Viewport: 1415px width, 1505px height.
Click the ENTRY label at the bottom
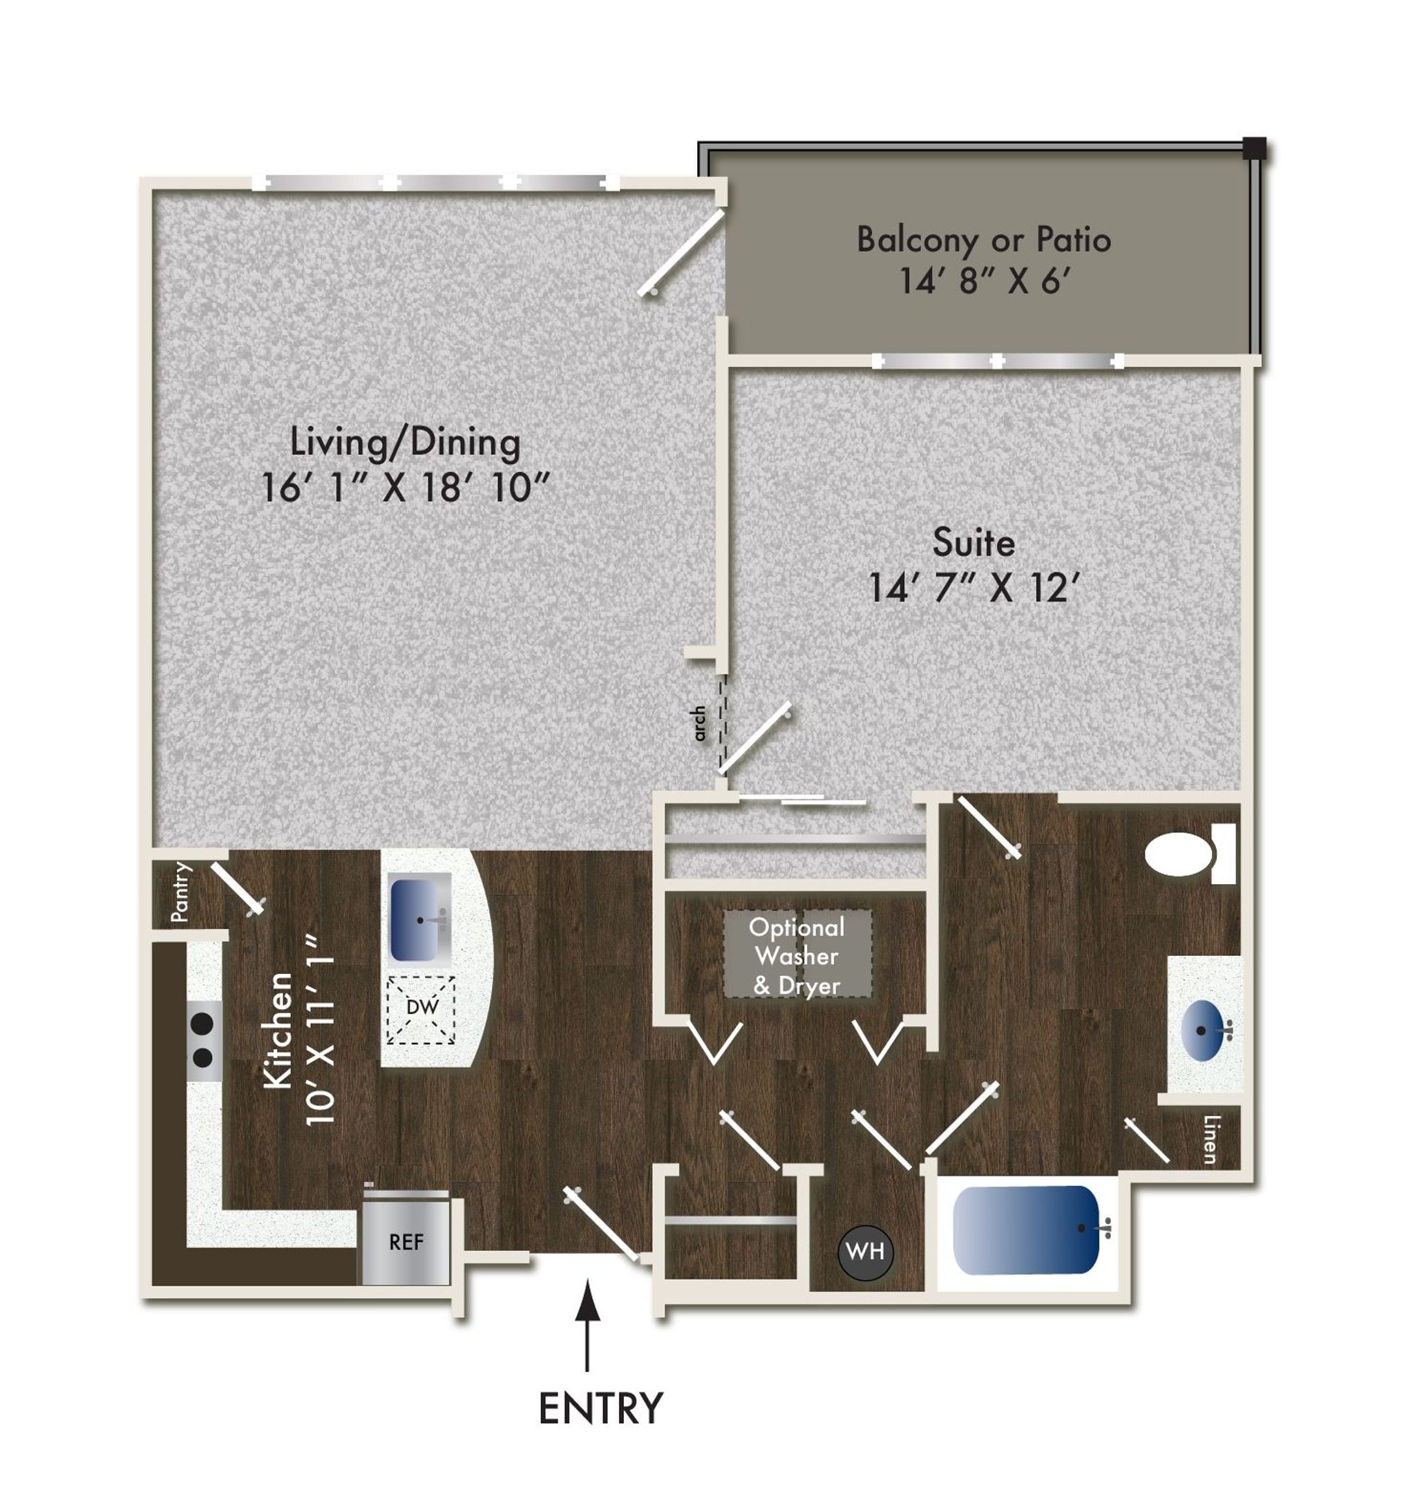pyautogui.click(x=600, y=1408)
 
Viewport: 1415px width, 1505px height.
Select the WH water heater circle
pyautogui.click(x=865, y=1252)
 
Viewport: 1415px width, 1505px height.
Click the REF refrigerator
pyautogui.click(x=406, y=1242)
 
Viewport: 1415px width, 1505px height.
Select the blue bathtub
pyautogui.click(x=1027, y=1230)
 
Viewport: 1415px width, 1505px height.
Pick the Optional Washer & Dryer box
pyautogui.click(x=797, y=956)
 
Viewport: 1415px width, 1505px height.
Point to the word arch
pyautogui.click(x=699, y=723)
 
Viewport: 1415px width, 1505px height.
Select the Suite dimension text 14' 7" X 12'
pyautogui.click(x=973, y=588)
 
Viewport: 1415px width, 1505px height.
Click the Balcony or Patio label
pyautogui.click(x=983, y=239)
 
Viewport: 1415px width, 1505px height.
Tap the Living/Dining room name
pyautogui.click(x=406, y=441)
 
